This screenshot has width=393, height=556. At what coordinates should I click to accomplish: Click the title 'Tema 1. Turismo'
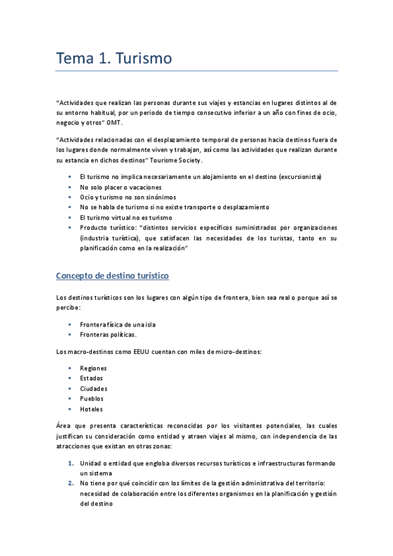coord(114,58)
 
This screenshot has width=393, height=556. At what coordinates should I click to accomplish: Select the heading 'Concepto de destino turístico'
coord(113,276)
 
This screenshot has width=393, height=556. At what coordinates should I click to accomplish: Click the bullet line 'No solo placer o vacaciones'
coord(121,187)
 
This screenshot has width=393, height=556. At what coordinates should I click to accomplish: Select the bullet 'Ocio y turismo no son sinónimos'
coord(127,197)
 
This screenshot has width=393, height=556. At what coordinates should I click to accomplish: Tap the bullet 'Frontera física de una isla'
coord(117,325)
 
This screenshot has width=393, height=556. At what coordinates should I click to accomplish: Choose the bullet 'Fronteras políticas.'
coord(108,334)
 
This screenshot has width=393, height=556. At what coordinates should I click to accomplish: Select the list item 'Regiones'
coord(93,368)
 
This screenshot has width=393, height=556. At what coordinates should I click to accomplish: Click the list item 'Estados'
coord(92,378)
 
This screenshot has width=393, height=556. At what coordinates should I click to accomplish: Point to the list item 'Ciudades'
coord(94,388)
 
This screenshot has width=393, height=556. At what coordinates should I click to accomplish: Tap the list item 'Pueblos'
coord(92,399)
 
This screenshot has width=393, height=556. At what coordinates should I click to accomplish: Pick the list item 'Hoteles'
coord(91,409)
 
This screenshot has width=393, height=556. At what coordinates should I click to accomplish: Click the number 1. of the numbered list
coord(71,463)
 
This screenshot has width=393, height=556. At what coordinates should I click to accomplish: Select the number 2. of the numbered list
coord(71,484)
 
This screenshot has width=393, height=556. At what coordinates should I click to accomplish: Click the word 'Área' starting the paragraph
coord(64,426)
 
